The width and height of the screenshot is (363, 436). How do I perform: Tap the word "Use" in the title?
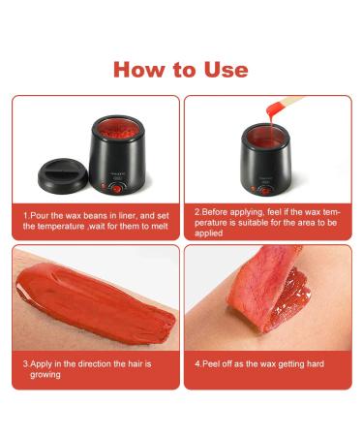[221, 70]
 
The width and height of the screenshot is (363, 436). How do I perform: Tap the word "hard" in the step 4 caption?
[313, 363]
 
